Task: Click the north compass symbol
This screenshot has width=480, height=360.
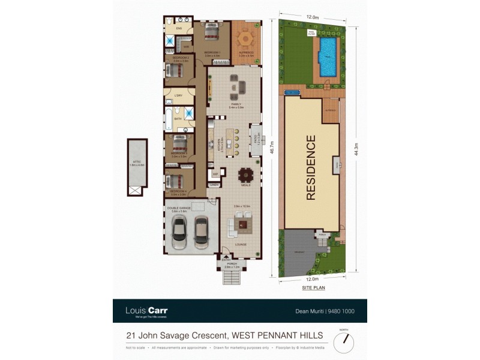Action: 344,343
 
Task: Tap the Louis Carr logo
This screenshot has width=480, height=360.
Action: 146,311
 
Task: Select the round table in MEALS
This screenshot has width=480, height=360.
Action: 246,176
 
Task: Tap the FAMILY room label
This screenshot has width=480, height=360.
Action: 236,104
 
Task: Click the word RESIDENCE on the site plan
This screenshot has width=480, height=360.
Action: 311,167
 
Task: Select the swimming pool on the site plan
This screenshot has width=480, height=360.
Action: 328,58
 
